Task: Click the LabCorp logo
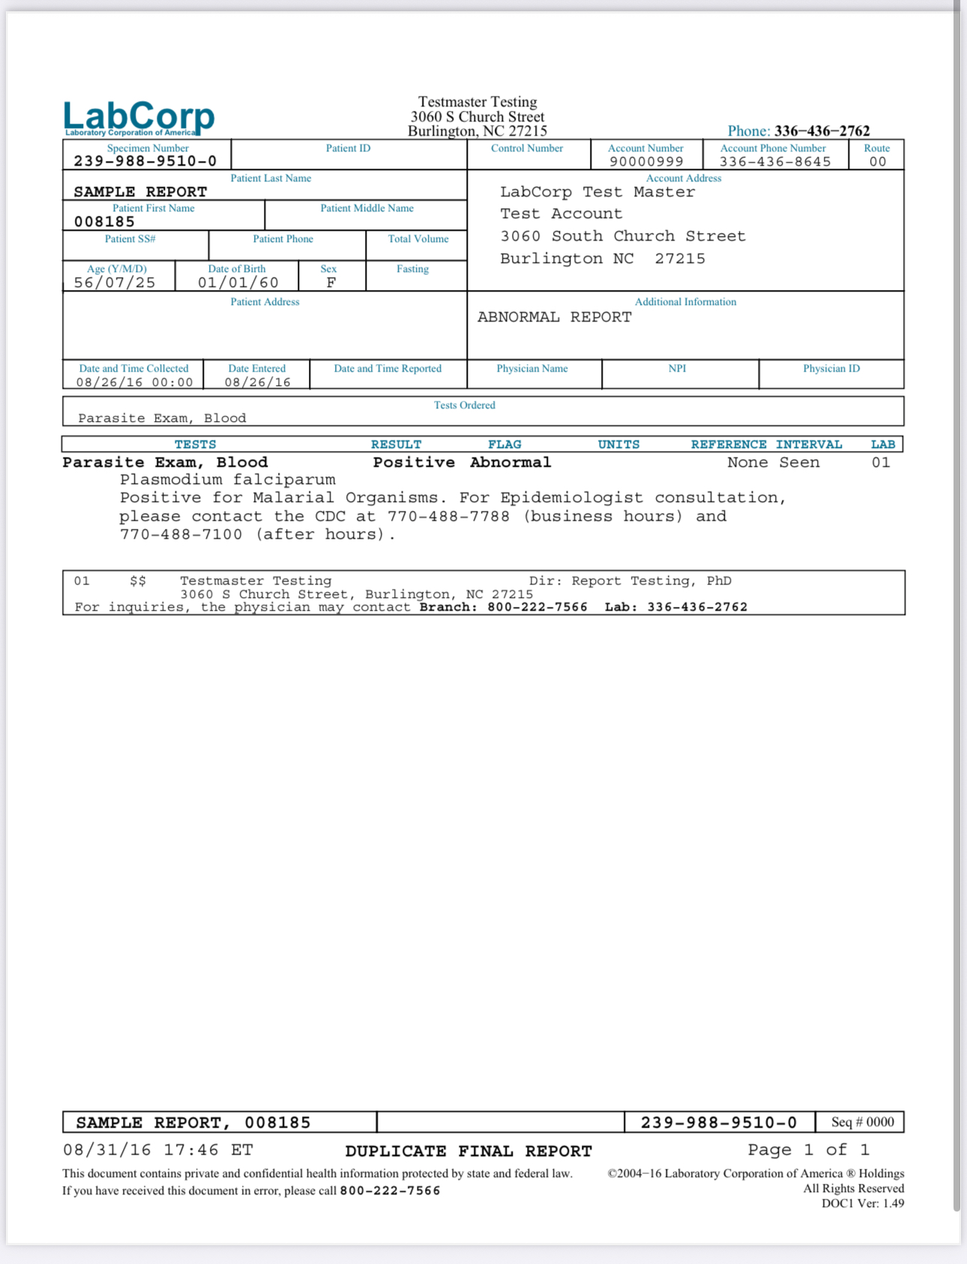[139, 118]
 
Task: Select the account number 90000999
[646, 162]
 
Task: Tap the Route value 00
[877, 162]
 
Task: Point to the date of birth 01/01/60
[238, 282]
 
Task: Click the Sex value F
[331, 282]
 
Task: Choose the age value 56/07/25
[115, 282]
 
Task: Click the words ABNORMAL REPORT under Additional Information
[554, 317]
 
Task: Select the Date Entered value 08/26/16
[257, 382]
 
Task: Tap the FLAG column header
[504, 444]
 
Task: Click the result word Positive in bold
[414, 462]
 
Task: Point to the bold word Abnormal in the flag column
[510, 462]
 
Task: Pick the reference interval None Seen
[773, 462]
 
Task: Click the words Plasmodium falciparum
[227, 480]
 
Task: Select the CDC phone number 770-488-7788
[448, 516]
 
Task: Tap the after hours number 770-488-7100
[181, 534]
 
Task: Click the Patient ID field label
[348, 148]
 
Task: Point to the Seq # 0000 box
[862, 1122]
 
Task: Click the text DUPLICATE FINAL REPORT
[469, 1151]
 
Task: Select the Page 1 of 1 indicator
[808, 1149]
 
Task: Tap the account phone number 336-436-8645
[775, 162]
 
